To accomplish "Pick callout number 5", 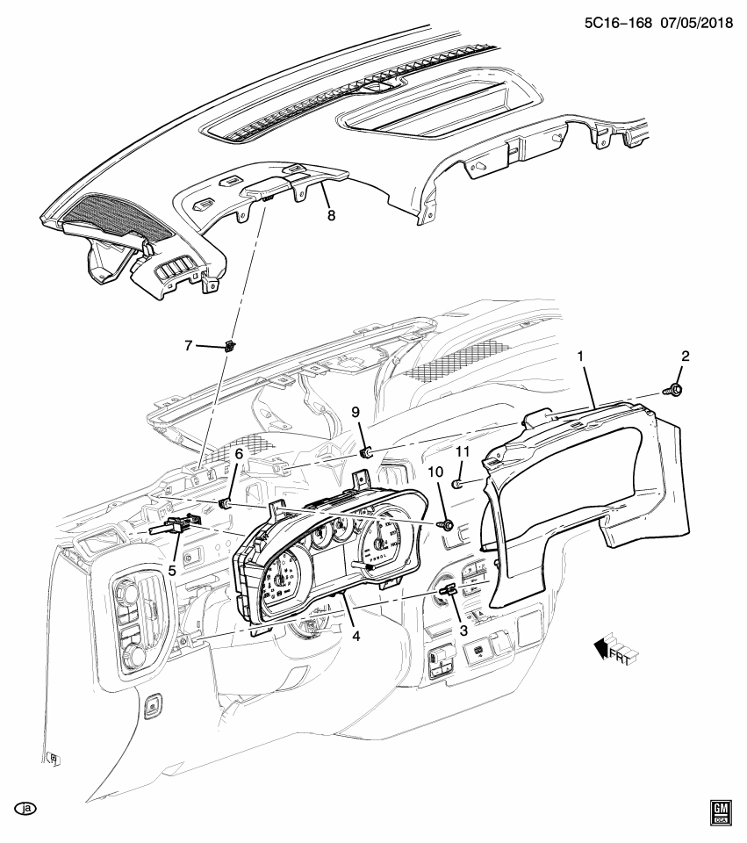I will [172, 568].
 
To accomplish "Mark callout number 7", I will [188, 346].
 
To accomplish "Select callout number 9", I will [356, 412].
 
